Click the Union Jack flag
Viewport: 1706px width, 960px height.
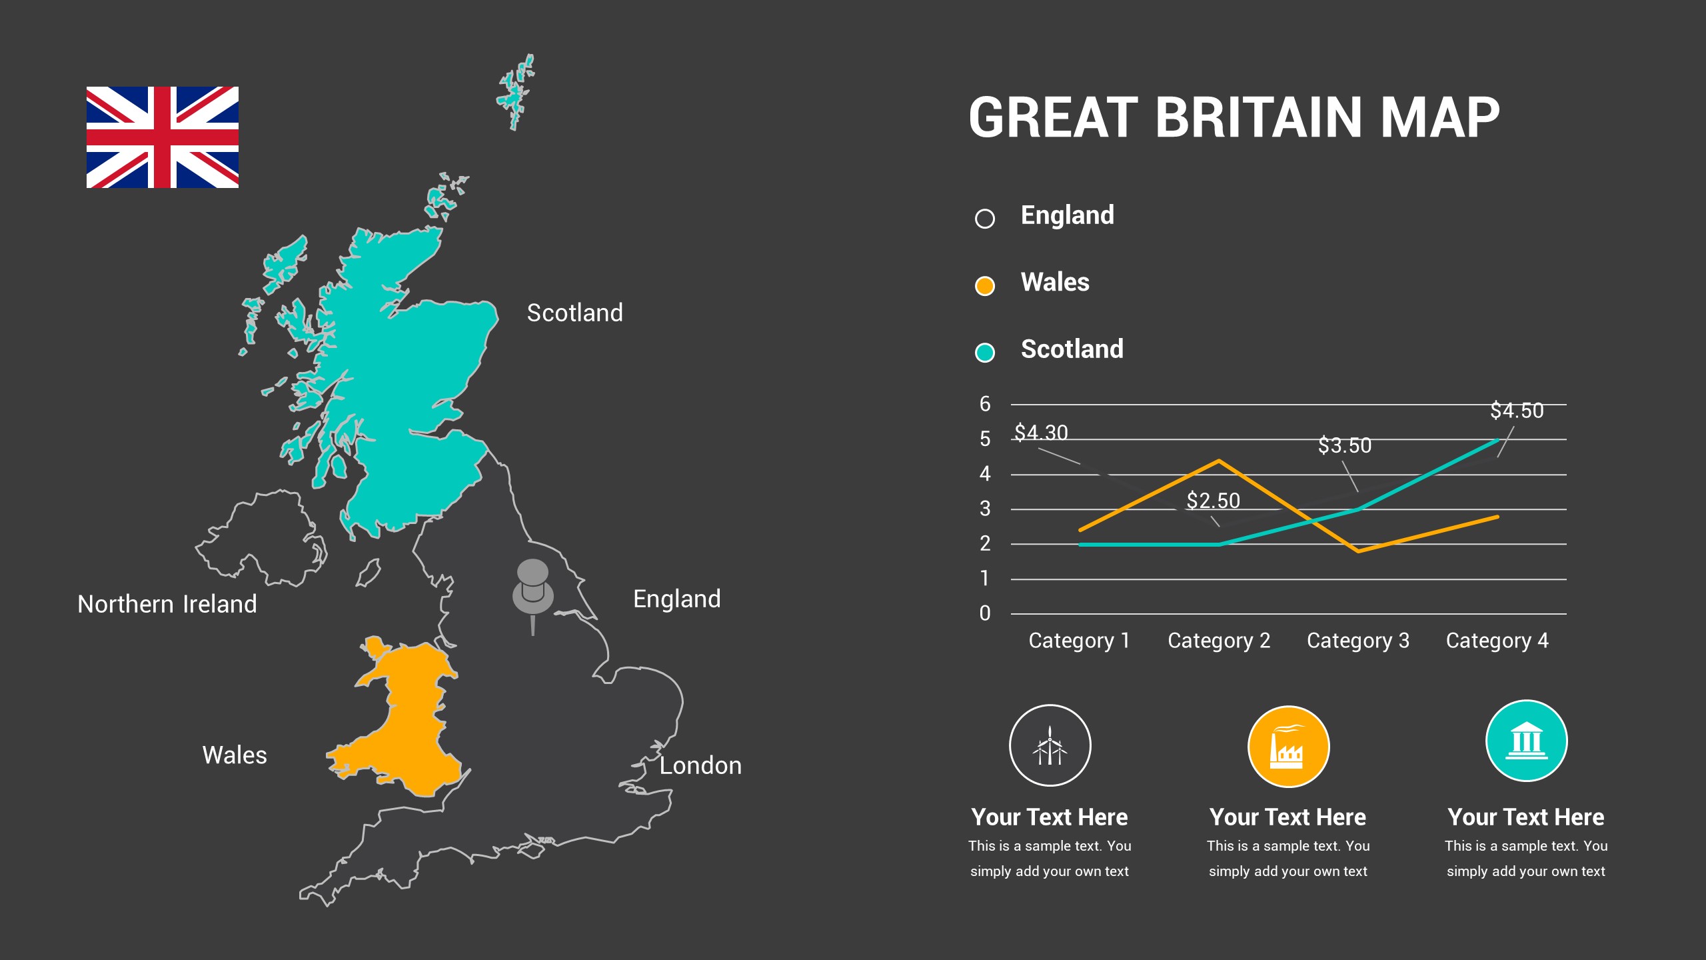click(163, 137)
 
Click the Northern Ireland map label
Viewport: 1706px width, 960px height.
click(167, 604)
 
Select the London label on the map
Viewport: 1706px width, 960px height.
click(700, 765)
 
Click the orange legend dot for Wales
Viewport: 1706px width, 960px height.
click(985, 285)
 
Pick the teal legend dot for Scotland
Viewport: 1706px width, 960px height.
click(985, 352)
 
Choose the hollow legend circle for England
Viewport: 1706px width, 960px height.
click(985, 219)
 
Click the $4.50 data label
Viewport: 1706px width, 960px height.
click(1517, 411)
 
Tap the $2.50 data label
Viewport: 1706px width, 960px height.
click(1213, 501)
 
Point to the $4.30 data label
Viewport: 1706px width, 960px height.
click(1041, 433)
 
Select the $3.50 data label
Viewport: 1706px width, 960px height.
click(1345, 445)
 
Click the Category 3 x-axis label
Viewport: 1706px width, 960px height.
click(1358, 641)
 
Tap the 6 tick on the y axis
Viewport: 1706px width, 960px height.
click(985, 404)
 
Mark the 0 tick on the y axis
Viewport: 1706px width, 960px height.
click(985, 613)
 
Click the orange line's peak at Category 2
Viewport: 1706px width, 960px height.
click(1219, 461)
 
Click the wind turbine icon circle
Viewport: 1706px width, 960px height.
click(1050, 745)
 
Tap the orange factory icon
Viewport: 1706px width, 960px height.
click(1288, 747)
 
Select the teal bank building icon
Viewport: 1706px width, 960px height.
click(1526, 741)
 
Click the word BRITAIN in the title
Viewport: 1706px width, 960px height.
click(1259, 118)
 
